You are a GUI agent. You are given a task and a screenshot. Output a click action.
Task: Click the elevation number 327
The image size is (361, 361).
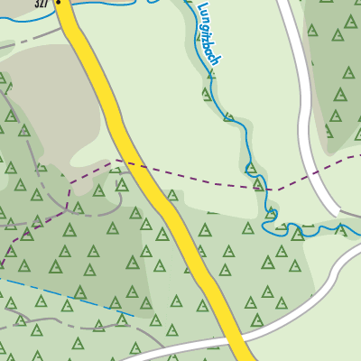pyautogui.click(x=42, y=5)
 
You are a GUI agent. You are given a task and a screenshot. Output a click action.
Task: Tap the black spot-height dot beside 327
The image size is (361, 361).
pyautogui.click(x=59, y=3)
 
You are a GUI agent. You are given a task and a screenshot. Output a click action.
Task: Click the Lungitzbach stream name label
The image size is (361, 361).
pyautogui.click(x=209, y=32)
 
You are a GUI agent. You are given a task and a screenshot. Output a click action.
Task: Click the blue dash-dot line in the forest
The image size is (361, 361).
pyautogui.click(x=72, y=298)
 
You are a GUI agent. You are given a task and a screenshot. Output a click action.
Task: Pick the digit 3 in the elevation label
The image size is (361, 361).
pyautogui.click(x=36, y=5)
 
